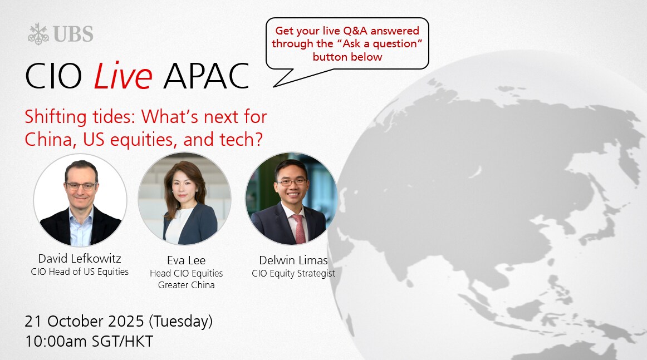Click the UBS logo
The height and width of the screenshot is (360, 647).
61,34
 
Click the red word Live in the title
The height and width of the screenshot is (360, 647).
123,76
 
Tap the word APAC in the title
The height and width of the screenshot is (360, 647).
207,76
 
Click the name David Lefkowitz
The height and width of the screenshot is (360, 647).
80,259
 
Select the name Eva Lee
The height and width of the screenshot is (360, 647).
186,260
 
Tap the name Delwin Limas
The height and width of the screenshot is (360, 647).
293,260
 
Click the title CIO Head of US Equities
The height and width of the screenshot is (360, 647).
80,272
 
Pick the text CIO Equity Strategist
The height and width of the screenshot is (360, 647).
293,273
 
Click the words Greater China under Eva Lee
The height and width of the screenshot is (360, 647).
186,285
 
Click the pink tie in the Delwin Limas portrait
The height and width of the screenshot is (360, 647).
299,228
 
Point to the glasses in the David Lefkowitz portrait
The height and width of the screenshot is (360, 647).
81,186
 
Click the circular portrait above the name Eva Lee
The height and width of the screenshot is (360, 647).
184,199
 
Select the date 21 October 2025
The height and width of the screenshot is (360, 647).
84,321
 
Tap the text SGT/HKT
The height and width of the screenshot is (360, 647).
122,342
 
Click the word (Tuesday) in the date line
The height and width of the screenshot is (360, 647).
180,321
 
